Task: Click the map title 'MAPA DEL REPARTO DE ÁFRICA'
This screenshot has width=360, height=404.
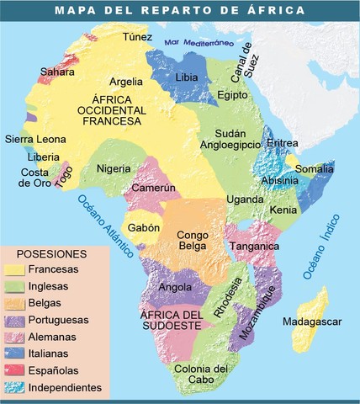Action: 180,11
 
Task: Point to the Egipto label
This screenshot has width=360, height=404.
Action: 232,95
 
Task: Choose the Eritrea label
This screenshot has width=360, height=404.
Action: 282,144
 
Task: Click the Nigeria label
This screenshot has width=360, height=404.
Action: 114,168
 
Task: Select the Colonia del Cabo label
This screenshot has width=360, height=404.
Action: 202,375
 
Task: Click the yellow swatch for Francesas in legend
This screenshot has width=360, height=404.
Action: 15,269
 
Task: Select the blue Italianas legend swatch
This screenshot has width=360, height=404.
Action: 15,353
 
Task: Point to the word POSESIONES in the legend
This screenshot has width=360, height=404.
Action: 52,252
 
